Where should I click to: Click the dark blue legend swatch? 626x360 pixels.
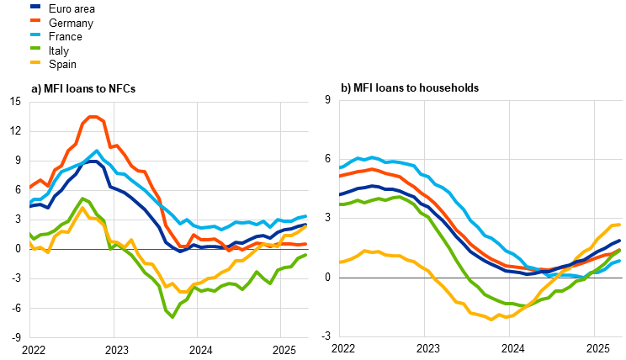pos(35,7)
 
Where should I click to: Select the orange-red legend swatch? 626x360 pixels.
pos(35,20)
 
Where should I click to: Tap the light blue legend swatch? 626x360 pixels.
pos(35,34)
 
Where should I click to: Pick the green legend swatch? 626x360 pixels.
pos(35,48)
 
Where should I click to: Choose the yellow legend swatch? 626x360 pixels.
pos(35,62)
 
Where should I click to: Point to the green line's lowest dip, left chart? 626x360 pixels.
pos(172,316)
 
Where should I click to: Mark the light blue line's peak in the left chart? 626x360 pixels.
pos(97,151)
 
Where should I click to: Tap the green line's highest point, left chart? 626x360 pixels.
pos(82,199)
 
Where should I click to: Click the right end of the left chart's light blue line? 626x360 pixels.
pos(306,216)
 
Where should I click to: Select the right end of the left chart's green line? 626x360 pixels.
pos(306,255)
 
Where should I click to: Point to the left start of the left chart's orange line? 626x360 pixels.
pos(30,187)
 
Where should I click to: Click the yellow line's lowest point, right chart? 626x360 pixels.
pos(492,319)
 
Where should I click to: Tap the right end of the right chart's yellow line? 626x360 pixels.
pos(619,225)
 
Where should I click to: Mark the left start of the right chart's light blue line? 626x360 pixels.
pos(340,168)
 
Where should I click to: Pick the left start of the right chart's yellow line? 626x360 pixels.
pos(340,262)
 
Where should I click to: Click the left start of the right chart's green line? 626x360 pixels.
pos(340,204)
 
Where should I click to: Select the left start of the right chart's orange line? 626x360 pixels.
pos(340,176)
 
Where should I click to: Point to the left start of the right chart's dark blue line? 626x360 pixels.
pos(340,194)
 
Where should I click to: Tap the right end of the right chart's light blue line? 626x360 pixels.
pos(619,261)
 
